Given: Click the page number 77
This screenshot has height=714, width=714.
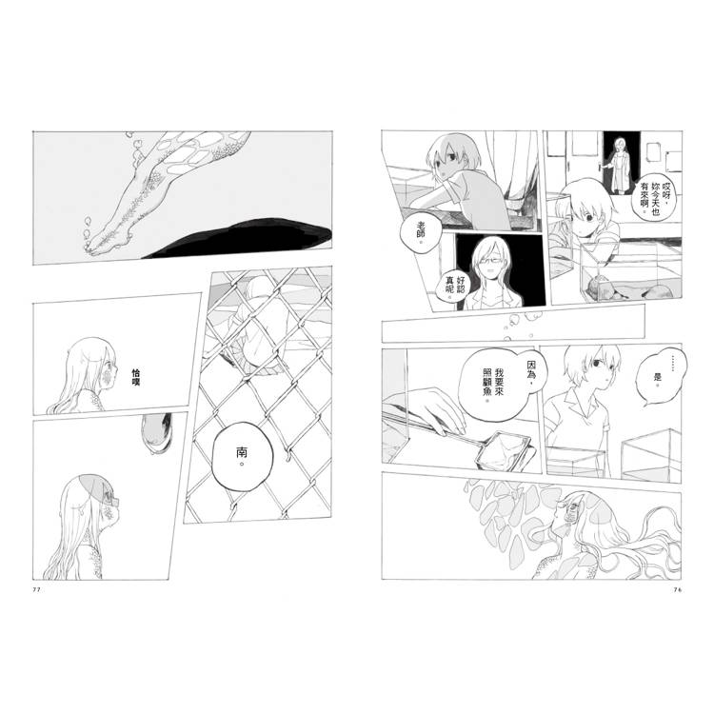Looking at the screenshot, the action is click(37, 589).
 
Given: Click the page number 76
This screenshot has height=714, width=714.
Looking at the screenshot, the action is click(677, 589).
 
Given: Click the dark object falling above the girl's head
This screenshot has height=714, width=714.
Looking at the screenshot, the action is click(157, 433).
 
